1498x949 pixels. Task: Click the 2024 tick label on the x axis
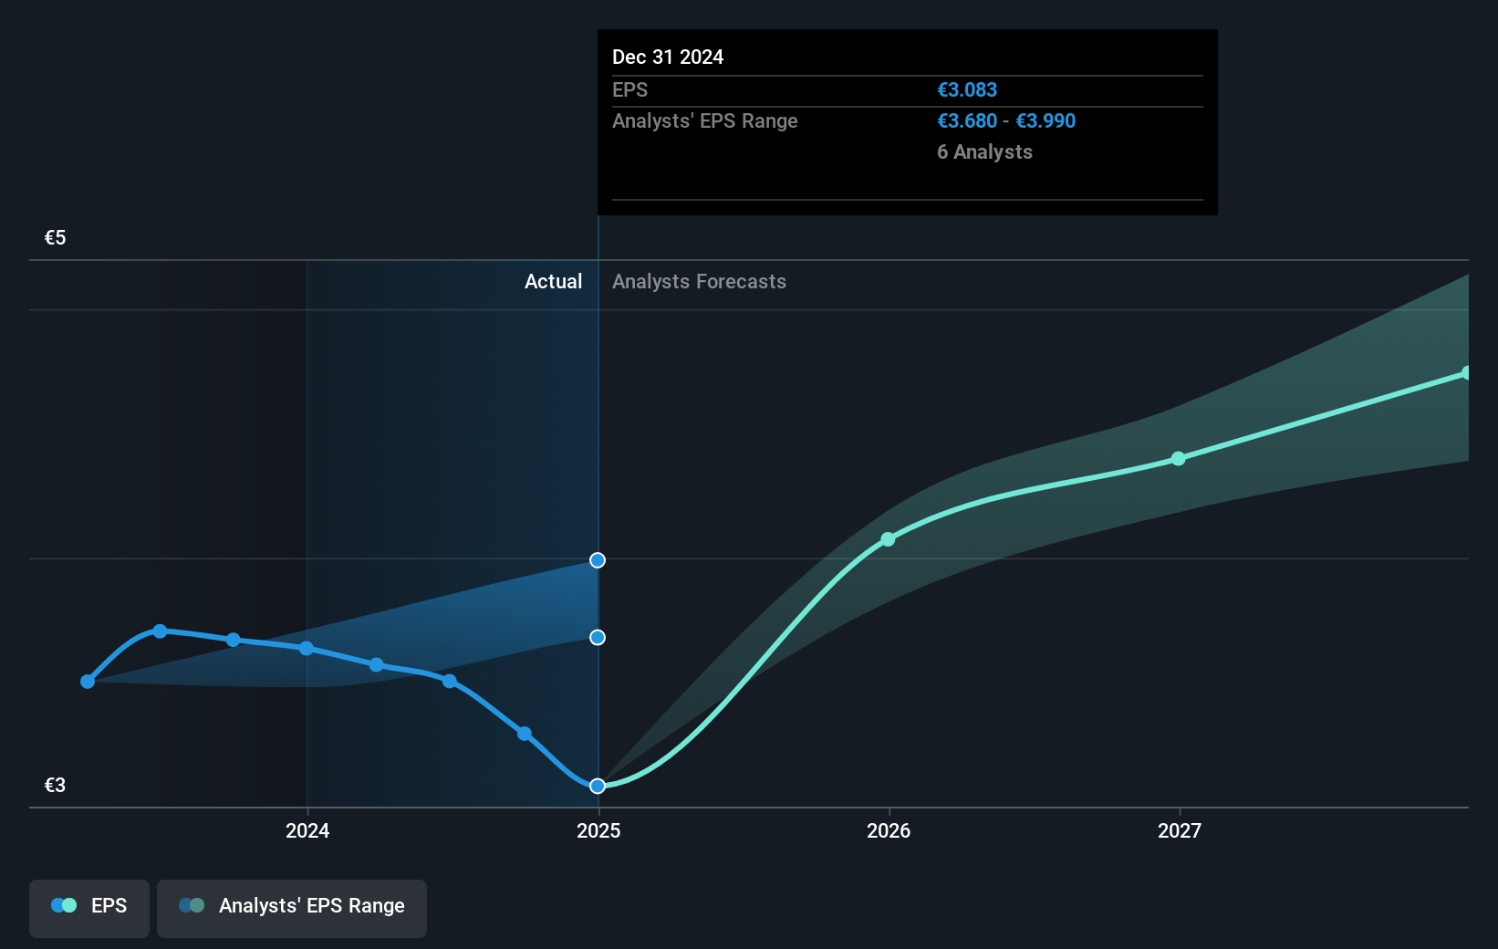pos(307,830)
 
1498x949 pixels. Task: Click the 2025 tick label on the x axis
pos(598,830)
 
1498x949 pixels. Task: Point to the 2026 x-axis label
pos(889,830)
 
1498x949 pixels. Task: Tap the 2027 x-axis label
pos(1180,830)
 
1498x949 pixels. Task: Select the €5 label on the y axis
pos(56,238)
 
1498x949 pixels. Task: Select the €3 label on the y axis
pos(56,786)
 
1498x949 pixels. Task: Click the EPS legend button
pos(89,906)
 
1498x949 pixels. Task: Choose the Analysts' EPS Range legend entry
pos(292,906)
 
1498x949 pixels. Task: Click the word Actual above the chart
pos(553,282)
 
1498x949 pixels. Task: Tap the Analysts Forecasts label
pos(699,282)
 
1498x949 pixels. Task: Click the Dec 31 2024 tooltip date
pos(668,57)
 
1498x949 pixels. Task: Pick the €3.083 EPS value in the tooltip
pos(967,90)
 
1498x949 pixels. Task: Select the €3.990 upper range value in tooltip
pos(1045,121)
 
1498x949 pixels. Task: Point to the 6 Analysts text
pos(984,152)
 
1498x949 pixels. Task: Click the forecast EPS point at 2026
pos(888,539)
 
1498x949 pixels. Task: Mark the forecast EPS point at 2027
pos(1179,458)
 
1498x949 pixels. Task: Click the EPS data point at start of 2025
pos(598,786)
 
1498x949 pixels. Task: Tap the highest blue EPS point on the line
pos(161,631)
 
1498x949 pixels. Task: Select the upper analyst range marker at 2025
pos(598,560)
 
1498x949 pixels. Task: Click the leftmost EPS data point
pos(88,682)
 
